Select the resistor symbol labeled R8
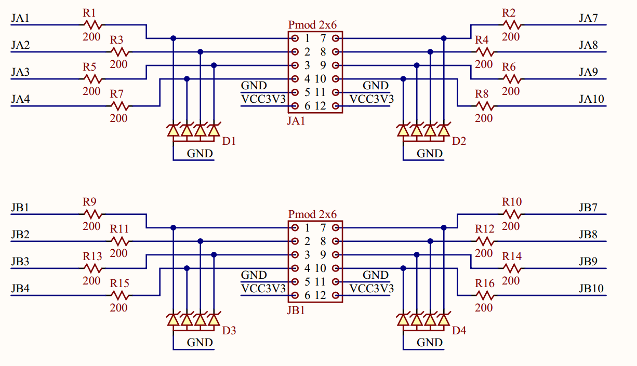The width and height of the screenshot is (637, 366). [x=484, y=106]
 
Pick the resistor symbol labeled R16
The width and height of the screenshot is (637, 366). [x=484, y=295]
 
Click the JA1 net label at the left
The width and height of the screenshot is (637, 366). [x=20, y=19]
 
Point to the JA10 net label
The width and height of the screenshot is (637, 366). [x=591, y=100]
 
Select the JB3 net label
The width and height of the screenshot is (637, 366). [x=20, y=262]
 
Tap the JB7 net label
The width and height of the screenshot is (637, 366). [x=588, y=208]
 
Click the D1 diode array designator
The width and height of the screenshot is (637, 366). [x=229, y=141]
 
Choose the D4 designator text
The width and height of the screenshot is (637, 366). [x=459, y=331]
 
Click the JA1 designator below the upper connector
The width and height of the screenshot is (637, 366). [x=296, y=121]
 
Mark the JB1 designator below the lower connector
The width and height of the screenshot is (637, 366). [x=296, y=311]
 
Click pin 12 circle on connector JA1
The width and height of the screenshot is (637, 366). [x=336, y=106]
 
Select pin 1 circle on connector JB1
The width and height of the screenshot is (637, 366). [x=295, y=227]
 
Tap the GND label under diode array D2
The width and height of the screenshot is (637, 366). [x=430, y=153]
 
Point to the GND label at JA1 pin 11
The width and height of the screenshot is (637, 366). [x=375, y=86]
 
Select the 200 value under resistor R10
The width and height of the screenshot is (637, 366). [x=511, y=226]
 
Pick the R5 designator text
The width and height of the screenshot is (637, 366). [x=89, y=67]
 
